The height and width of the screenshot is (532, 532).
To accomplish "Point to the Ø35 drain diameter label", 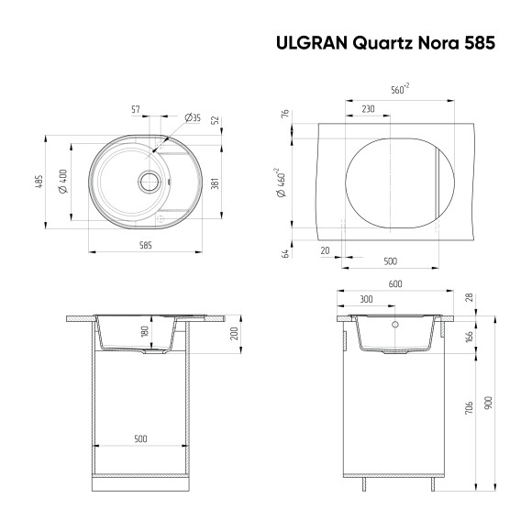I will (x=193, y=117).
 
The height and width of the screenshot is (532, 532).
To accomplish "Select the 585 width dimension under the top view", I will (x=145, y=245).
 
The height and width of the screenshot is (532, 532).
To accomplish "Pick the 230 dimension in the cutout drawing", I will (x=368, y=109).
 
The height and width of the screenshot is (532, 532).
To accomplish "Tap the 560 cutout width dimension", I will (x=398, y=90).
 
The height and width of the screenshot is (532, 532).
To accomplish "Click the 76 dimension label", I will (x=285, y=115).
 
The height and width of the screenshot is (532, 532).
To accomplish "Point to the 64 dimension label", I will (x=285, y=253).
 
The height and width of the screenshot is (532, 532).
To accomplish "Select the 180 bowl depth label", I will (x=145, y=332).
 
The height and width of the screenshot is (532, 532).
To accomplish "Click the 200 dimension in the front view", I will (x=236, y=333).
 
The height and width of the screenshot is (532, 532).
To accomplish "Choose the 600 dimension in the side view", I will (x=395, y=284).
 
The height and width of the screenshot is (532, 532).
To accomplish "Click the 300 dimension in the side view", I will (x=367, y=300).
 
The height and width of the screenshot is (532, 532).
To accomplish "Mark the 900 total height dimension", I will (x=490, y=402).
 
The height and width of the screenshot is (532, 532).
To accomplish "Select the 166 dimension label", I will (x=469, y=337).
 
